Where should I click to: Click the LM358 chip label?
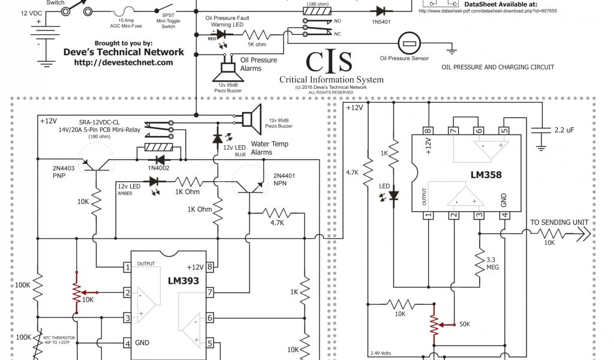(486, 176)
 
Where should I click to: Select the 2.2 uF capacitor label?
(566, 129)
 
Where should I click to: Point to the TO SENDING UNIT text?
(559, 223)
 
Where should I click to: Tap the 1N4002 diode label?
(158, 169)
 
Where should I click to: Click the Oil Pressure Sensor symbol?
(411, 44)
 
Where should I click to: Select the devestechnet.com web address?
(124, 62)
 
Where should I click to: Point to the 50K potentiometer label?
(465, 324)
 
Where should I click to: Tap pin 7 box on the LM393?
(210, 292)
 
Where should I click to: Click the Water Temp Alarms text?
(269, 148)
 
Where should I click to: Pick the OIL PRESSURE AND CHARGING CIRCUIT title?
(498, 67)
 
